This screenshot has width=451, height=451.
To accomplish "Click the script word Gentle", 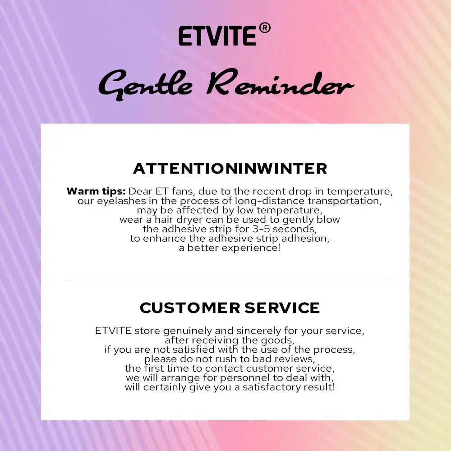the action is (145, 85).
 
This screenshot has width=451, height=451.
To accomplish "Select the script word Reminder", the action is (280, 83).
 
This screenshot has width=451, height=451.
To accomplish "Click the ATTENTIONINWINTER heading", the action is (230, 169).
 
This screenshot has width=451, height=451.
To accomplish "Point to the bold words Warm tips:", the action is (96, 191).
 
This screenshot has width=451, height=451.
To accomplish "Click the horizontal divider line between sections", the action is (229, 279).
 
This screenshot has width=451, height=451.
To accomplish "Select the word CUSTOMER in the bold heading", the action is (189, 308).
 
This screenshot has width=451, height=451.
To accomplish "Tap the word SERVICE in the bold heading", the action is (282, 308).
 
